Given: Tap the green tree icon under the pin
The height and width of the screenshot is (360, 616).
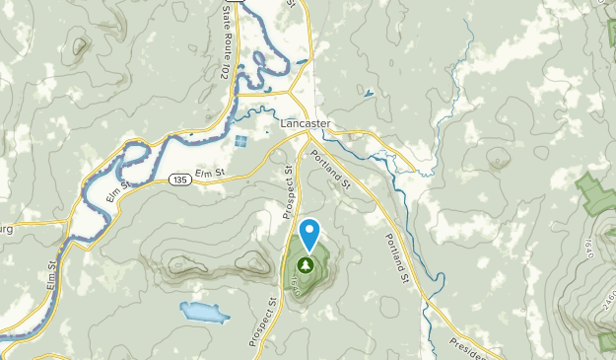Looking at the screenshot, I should (x=307, y=264).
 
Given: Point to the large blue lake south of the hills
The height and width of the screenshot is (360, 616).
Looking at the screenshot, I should (x=204, y=313).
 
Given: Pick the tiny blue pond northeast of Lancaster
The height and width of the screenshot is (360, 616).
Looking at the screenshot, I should (x=369, y=95).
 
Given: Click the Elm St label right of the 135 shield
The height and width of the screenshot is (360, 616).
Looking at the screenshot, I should (x=211, y=174).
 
